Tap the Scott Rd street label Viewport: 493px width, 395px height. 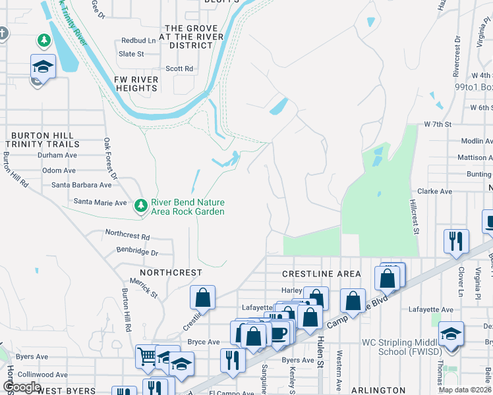coord(179,68)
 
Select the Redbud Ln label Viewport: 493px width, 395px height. coord(138,40)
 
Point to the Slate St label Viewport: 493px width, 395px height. coord(131,54)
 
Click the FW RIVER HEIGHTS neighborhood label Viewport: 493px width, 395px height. coord(136,84)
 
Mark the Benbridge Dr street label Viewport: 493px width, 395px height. coord(137,252)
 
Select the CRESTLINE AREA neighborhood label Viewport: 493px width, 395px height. coord(321,274)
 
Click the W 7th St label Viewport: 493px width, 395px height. coord(438,124)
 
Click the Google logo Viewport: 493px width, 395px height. coord(22,387)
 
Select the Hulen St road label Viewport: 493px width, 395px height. coord(321,351)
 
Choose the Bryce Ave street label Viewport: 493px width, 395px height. coord(204,342)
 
